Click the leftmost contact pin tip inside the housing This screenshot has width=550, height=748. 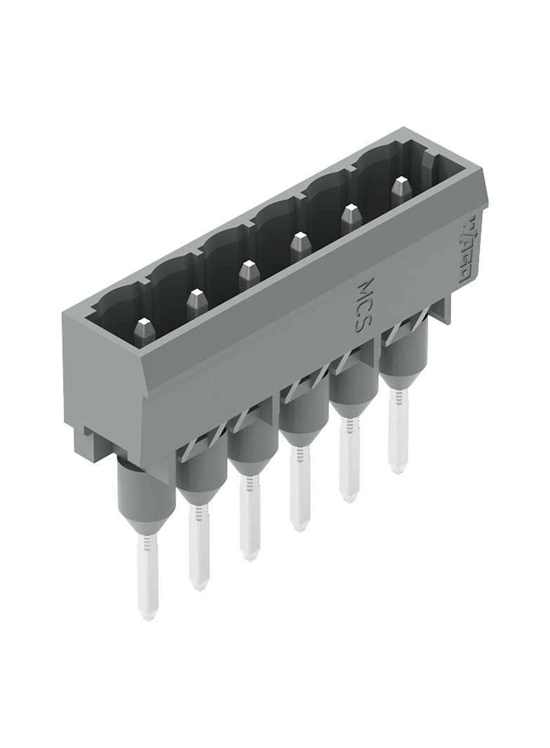coord(143,324)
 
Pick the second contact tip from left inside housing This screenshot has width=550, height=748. coord(195,295)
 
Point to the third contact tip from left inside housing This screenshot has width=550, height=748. coord(247,267)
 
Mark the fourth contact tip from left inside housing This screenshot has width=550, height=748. coord(299,239)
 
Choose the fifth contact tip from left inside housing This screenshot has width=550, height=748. coord(351,210)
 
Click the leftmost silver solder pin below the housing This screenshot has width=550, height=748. coord(147,575)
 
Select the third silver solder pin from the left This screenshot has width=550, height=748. coord(249,516)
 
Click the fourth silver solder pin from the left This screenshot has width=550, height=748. coord(299,488)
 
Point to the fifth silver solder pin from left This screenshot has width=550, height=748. coord(349,460)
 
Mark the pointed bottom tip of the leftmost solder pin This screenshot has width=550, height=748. coord(147,615)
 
